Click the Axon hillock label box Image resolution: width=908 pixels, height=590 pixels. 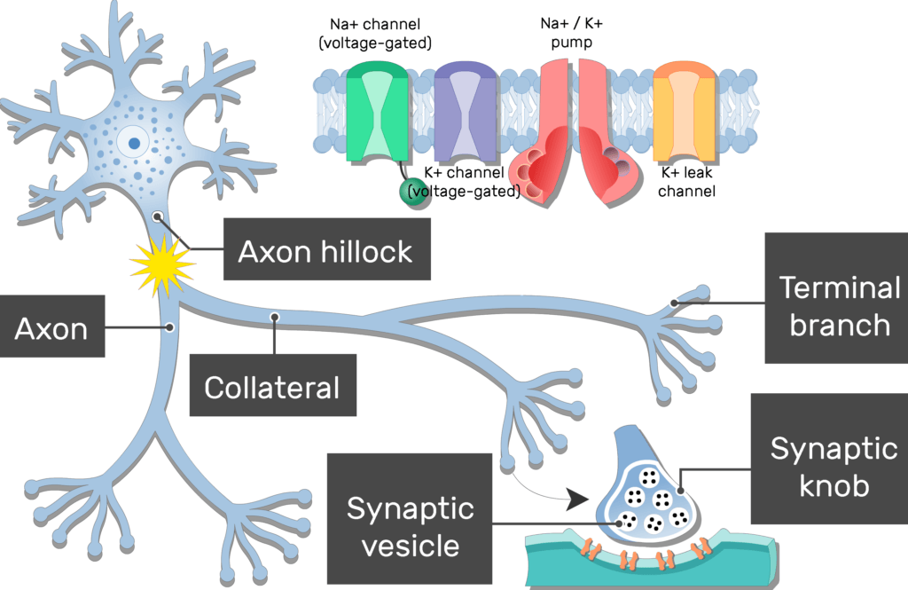coord(325,251)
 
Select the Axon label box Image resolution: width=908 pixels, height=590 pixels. coord(51,329)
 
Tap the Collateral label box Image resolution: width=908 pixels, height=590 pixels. coord(272,387)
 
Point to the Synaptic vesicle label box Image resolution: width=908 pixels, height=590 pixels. coord(410,526)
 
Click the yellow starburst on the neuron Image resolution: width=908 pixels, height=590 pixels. coord(161,262)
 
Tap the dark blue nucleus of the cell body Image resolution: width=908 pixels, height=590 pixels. coord(134,141)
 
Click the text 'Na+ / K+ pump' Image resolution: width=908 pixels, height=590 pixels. coord(571,30)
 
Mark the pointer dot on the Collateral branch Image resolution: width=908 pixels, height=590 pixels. coord(275,316)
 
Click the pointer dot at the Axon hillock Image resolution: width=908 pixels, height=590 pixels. coord(157,215)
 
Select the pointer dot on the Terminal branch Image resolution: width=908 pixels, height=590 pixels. coord(674,303)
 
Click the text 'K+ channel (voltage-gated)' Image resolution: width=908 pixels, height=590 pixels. coord(464,181)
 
